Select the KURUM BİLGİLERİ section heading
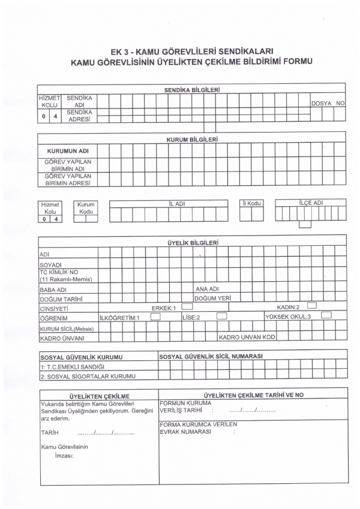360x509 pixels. point(191,138)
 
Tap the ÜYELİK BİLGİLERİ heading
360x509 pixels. point(191,243)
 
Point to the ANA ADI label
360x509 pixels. point(206,288)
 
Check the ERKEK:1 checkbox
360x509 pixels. point(186,306)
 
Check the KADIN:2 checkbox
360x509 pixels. point(311,306)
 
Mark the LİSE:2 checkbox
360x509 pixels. point(221,315)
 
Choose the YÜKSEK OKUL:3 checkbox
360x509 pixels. point(326,315)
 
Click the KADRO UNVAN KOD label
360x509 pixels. point(247,337)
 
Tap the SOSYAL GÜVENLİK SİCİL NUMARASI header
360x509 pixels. point(211,357)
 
